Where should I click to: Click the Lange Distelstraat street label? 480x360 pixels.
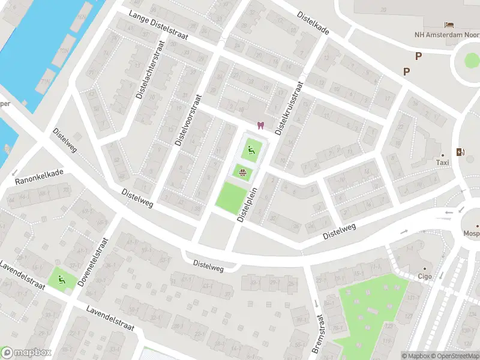(x=158, y=28)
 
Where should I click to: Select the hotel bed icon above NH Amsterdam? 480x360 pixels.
(x=449, y=24)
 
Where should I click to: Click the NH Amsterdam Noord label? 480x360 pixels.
(x=446, y=34)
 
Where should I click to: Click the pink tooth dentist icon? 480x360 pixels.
(x=260, y=125)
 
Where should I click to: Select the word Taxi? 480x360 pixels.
(x=442, y=163)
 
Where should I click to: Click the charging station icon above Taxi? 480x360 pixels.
(x=460, y=152)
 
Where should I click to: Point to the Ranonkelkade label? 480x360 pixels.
(x=39, y=176)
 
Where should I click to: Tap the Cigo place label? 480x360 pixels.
(x=425, y=277)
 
